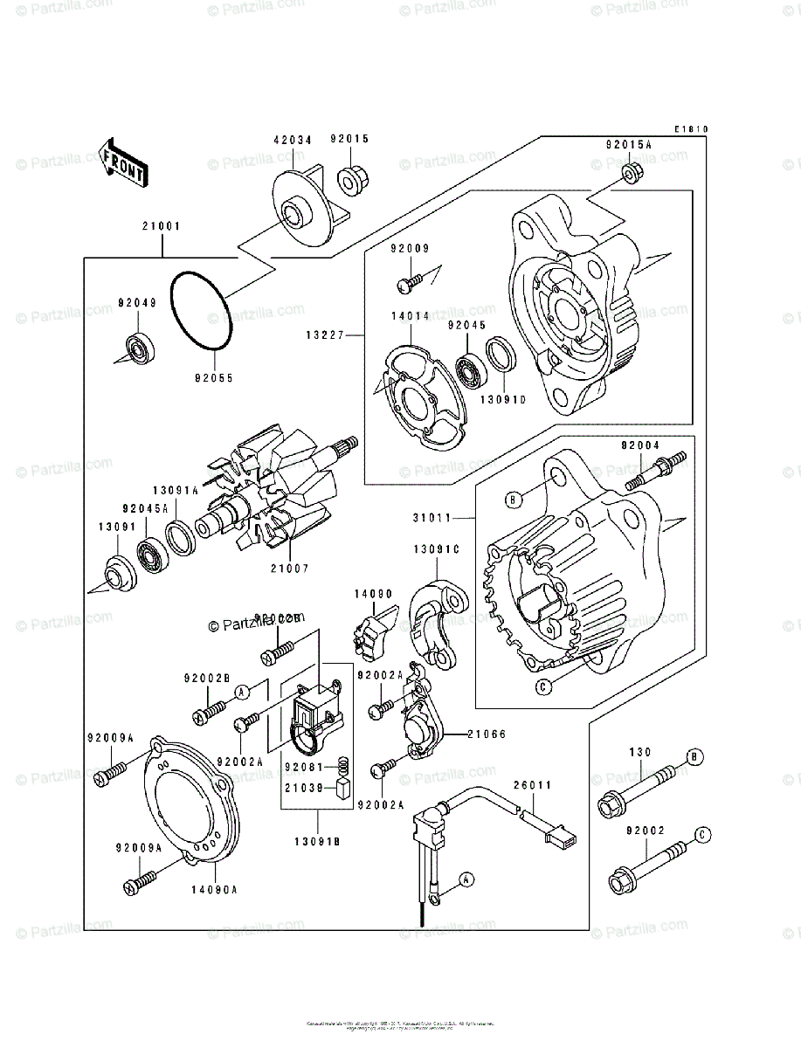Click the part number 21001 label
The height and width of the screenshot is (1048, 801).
(x=162, y=226)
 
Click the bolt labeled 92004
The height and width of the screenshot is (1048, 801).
(x=656, y=471)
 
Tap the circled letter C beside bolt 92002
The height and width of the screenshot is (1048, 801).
(x=701, y=836)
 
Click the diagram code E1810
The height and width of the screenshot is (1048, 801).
(x=690, y=130)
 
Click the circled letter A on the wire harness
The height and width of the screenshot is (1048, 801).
(x=466, y=879)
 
